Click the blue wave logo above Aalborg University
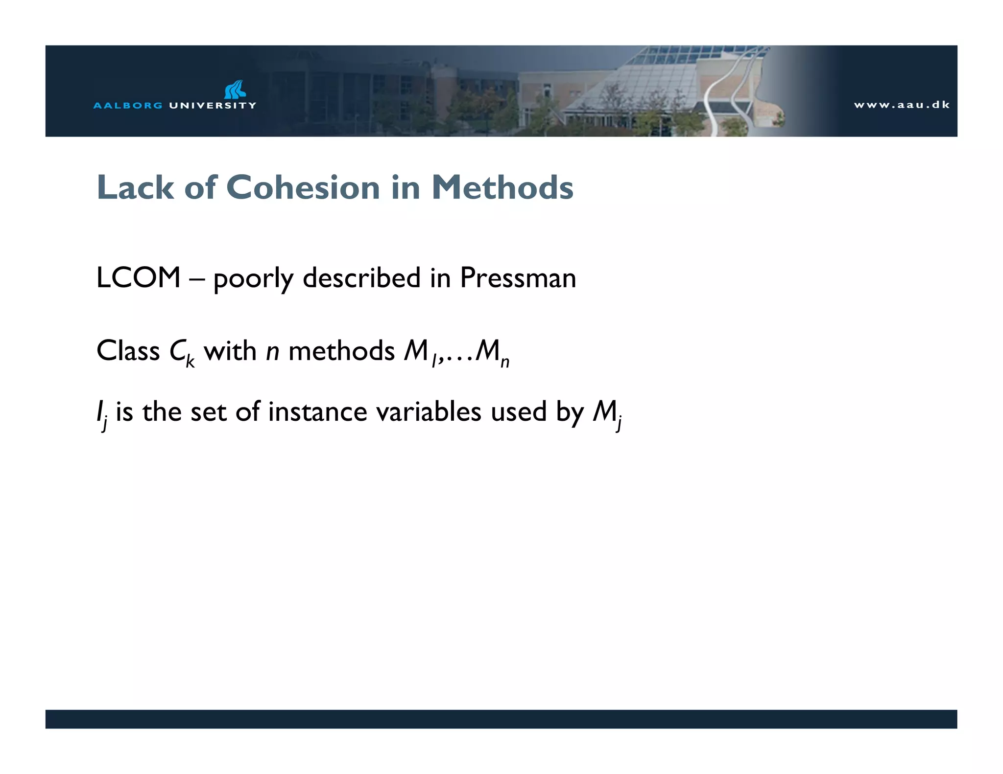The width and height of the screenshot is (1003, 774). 236,90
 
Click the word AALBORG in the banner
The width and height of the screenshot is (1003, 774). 128,105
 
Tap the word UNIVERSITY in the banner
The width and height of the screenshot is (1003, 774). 212,105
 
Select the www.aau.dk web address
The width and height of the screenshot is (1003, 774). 902,105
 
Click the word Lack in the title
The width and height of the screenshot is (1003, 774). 135,187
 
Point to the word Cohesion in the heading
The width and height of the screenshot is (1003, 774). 303,187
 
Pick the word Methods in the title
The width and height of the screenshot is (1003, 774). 502,187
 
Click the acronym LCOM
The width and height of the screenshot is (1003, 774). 139,278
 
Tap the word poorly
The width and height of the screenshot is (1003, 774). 253,279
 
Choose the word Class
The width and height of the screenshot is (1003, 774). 128,351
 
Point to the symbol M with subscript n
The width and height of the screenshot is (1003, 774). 492,353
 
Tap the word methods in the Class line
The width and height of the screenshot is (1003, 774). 341,351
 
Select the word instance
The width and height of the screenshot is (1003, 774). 317,411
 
